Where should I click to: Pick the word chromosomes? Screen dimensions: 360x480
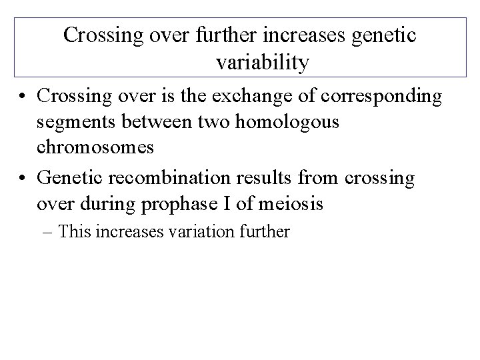[97, 147]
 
